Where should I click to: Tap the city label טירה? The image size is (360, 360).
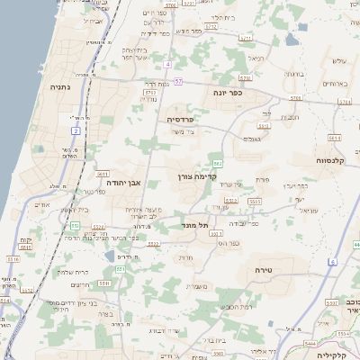coord(282,268)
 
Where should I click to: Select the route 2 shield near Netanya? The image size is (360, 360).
coord(76,130)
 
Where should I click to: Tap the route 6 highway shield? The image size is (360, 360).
coord(331,262)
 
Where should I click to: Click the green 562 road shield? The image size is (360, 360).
coord(218,162)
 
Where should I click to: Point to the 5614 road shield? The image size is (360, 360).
coord(334,138)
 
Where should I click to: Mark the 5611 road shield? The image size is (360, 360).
coord(103,174)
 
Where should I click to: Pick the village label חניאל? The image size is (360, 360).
coord(257,58)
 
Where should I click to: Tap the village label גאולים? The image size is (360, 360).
coord(253,139)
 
